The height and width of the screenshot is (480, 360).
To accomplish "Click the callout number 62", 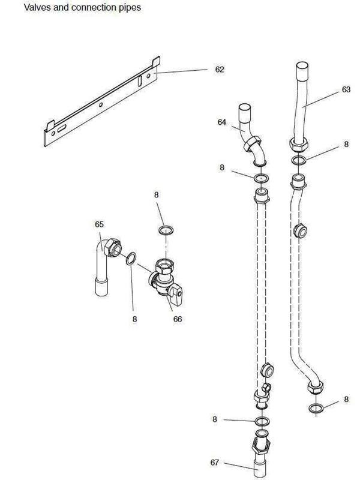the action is (x=219, y=70).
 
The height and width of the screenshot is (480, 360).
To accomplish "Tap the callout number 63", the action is (x=346, y=89).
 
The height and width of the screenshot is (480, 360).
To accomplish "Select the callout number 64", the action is (x=221, y=122).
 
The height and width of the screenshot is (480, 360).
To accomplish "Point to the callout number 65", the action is (x=99, y=224).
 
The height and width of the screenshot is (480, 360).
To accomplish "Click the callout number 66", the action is (x=178, y=319).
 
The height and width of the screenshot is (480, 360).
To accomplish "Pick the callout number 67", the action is (x=215, y=462).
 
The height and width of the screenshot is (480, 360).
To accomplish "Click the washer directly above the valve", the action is (x=166, y=230).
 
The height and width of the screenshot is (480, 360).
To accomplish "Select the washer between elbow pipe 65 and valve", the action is (x=131, y=259).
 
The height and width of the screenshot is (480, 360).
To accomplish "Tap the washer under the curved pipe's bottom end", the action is (x=316, y=408).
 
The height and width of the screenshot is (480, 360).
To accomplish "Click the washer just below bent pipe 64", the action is (x=262, y=178).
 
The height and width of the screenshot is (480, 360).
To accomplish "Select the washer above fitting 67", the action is (x=262, y=421).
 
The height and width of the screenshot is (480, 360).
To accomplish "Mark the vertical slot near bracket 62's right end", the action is (x=140, y=81).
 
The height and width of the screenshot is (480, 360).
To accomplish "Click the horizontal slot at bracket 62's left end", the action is (x=61, y=128).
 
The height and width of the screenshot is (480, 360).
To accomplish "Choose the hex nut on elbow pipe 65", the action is (x=113, y=247).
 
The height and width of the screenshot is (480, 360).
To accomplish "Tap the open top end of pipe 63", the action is (x=302, y=66).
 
